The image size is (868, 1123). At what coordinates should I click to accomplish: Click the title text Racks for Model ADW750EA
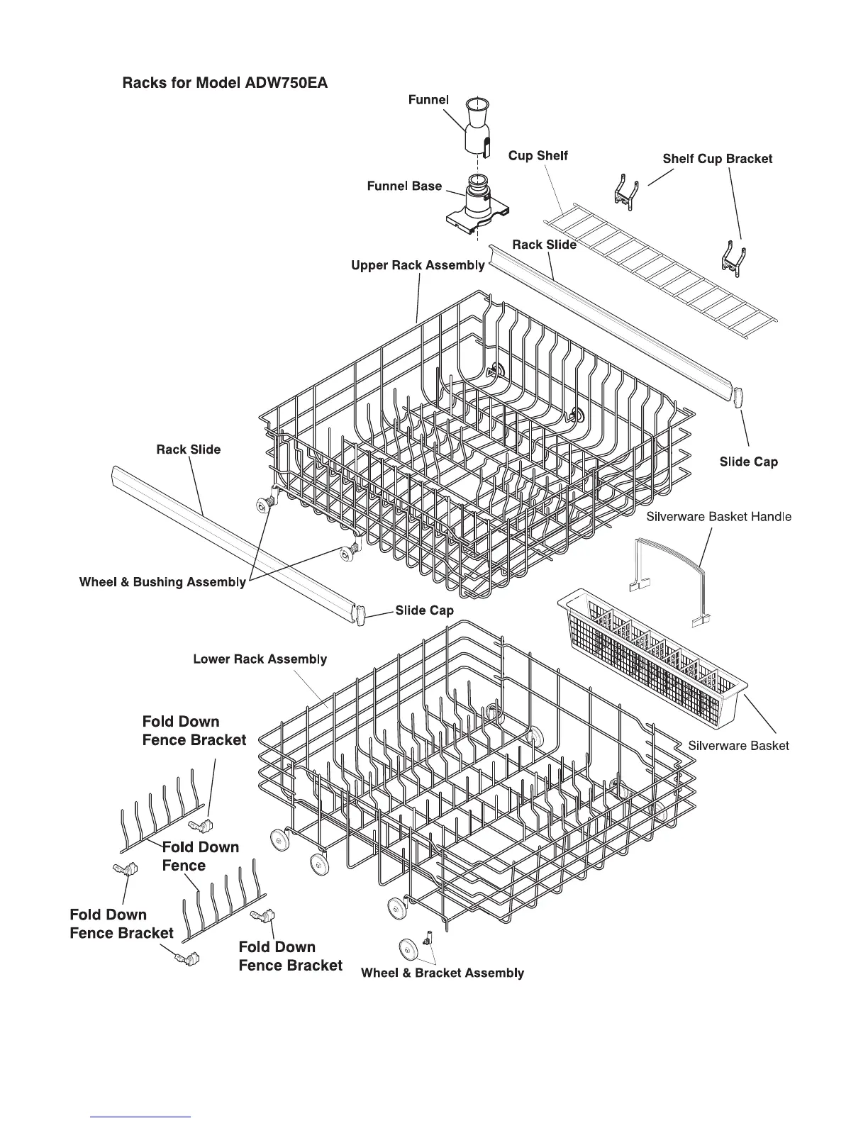[225, 82]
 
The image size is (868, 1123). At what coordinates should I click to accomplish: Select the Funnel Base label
[404, 186]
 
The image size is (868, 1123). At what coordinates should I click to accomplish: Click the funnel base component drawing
[477, 206]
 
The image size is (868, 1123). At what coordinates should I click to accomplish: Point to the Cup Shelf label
[538, 155]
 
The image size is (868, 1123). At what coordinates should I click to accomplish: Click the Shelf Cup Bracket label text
[717, 159]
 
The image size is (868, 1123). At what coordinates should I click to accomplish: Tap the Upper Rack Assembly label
[418, 265]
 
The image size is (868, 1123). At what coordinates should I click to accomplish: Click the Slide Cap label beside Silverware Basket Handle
[748, 462]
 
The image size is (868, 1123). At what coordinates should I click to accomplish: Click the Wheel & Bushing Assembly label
[162, 583]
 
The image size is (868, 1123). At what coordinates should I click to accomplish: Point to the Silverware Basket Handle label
[718, 517]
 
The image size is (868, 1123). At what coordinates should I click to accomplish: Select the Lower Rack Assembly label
[260, 659]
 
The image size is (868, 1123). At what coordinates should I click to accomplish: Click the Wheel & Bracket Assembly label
[443, 973]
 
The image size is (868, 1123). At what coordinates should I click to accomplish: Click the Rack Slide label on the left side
[188, 449]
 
